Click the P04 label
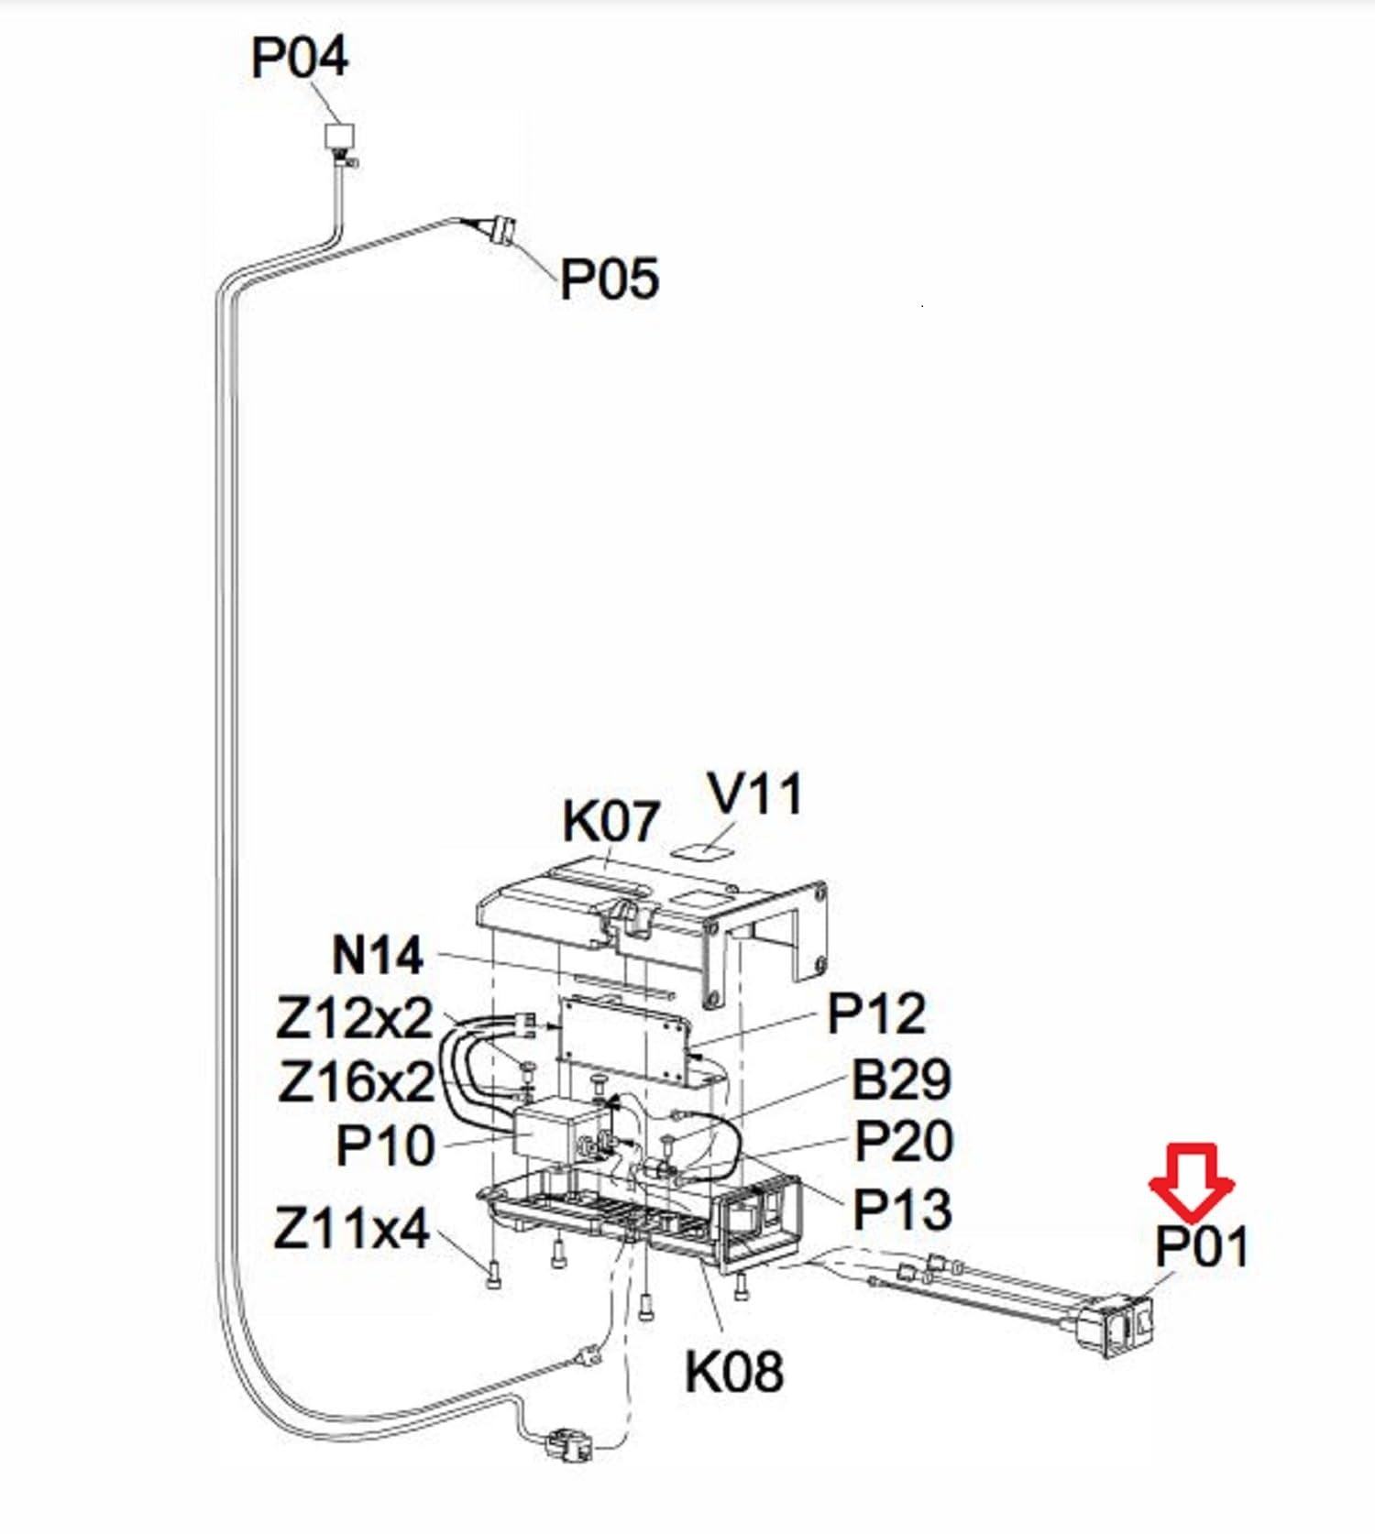(300, 57)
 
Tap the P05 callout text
(609, 278)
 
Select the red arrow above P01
(1192, 1181)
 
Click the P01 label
(1201, 1246)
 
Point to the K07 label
(610, 821)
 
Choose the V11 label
(756, 794)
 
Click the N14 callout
(378, 956)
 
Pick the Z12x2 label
(355, 1018)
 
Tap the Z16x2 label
(356, 1082)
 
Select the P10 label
(385, 1145)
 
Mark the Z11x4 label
(352, 1228)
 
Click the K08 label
(734, 1371)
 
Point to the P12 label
(876, 1014)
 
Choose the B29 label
(901, 1079)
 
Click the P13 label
(902, 1210)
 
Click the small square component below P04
(338, 137)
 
